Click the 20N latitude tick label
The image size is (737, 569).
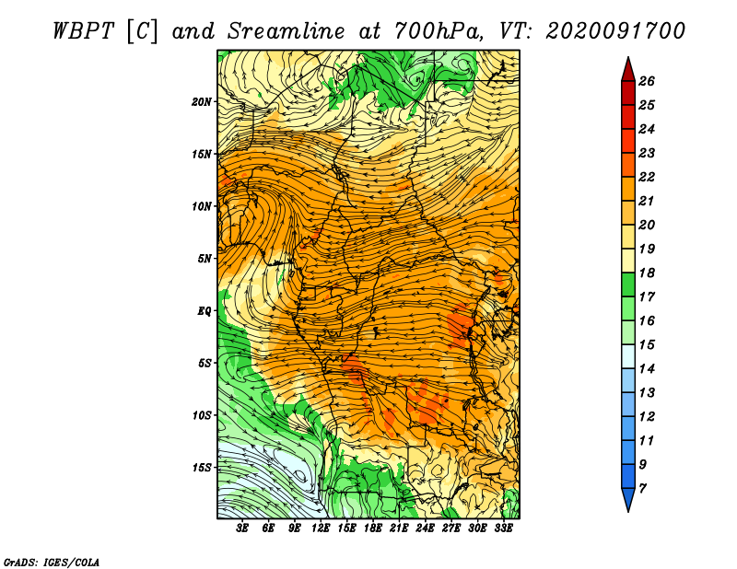pos(202,102)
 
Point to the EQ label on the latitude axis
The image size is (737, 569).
pos(205,311)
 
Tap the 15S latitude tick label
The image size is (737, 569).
pos(202,468)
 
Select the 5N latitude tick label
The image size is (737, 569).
pos(205,259)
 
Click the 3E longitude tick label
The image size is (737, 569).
pos(242,528)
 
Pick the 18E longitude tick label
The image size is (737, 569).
pos(373,528)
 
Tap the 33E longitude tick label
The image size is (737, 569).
pos(503,528)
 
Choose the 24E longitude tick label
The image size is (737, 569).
pos(425,528)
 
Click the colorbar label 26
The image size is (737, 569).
pos(647,81)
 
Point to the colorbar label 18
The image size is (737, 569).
pos(647,273)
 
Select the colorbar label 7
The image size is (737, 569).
pos(643,489)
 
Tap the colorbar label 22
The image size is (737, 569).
pos(647,177)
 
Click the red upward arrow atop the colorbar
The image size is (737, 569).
pos(628,70)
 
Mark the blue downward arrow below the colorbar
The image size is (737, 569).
pos(628,500)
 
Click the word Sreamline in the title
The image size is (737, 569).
pos(286,31)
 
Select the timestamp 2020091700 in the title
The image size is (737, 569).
pos(615,31)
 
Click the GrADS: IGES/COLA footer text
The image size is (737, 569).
pos(52,563)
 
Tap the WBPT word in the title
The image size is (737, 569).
pos(83,31)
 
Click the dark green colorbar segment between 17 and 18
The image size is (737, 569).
pos(628,284)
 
